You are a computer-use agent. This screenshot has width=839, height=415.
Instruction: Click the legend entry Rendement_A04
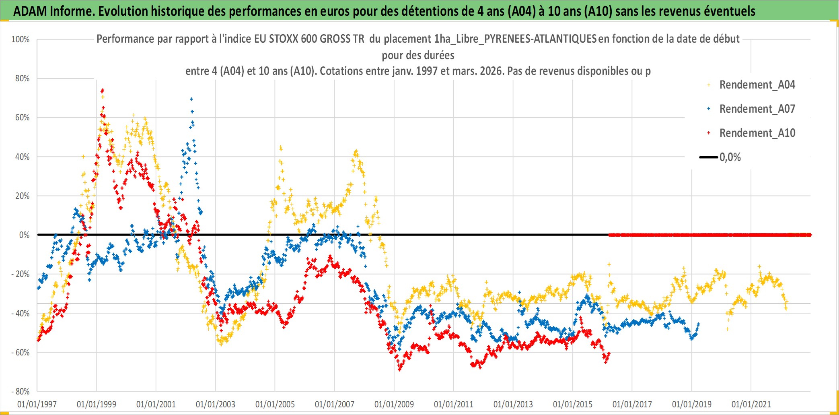pos(757,85)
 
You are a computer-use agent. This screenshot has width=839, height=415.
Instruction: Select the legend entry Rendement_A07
pos(757,109)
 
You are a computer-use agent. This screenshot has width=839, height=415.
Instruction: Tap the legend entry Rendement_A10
pos(757,133)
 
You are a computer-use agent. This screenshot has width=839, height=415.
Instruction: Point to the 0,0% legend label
pos(730,157)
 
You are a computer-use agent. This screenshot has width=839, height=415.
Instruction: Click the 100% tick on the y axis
pos(21,39)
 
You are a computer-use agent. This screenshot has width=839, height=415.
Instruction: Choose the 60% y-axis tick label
pos(23,118)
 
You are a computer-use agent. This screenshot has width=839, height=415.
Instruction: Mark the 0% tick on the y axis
pos(24,235)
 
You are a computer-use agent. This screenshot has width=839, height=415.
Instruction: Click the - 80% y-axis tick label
pos(21,391)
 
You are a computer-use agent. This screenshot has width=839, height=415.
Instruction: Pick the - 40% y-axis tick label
pos(21,313)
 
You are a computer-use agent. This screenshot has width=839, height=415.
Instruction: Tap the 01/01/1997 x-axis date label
pos(37,404)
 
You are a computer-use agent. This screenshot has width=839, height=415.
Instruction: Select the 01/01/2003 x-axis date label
pos(216,404)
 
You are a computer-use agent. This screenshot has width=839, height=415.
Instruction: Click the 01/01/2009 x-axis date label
pos(394,404)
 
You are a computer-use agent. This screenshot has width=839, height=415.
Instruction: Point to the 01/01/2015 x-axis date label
pos(573,404)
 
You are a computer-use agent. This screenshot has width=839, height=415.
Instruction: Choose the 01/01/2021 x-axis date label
pos(751,404)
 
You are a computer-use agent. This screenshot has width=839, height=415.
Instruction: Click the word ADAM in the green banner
pos(30,11)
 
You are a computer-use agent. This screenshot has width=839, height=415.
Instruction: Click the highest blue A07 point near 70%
pos(191,99)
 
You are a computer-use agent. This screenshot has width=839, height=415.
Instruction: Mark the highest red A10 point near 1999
pos(103,90)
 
